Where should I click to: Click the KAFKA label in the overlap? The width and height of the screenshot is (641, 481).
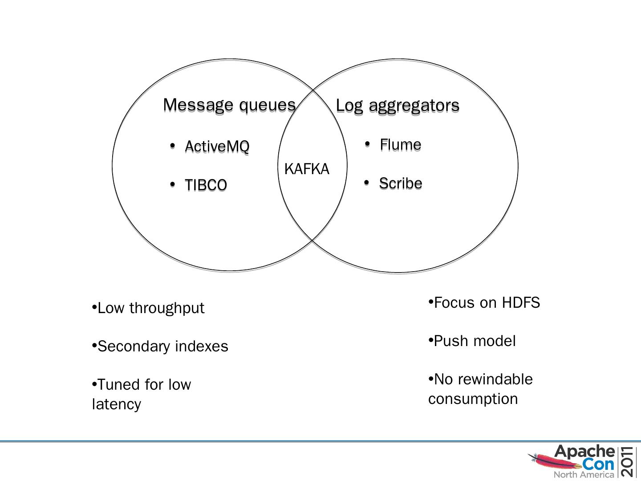point(307,169)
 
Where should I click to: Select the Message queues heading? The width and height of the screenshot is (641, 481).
point(229,105)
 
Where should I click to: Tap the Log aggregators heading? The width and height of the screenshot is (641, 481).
point(397,106)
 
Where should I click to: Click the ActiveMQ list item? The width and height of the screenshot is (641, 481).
point(217,146)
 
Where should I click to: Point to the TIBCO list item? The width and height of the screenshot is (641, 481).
point(206,185)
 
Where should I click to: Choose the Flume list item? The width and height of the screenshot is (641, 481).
point(400,144)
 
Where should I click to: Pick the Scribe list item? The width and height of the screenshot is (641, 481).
point(400,183)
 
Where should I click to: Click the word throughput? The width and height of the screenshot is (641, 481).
point(166,308)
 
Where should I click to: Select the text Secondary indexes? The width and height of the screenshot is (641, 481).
point(162,346)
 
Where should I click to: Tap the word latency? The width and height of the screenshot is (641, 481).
point(117,404)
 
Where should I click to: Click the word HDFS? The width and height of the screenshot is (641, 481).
point(521,303)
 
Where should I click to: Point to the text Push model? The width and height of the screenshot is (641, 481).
point(475,341)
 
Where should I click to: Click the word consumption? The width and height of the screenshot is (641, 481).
point(473,399)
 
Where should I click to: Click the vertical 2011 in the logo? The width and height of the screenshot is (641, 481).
point(628,461)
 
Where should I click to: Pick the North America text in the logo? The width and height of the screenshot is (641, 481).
point(584,475)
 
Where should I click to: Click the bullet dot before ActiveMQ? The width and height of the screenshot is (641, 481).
point(172,146)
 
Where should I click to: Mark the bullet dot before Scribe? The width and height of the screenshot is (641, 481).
point(366,183)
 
